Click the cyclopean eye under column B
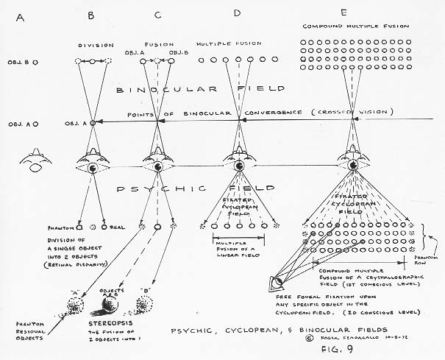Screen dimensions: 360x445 pos(93,168)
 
